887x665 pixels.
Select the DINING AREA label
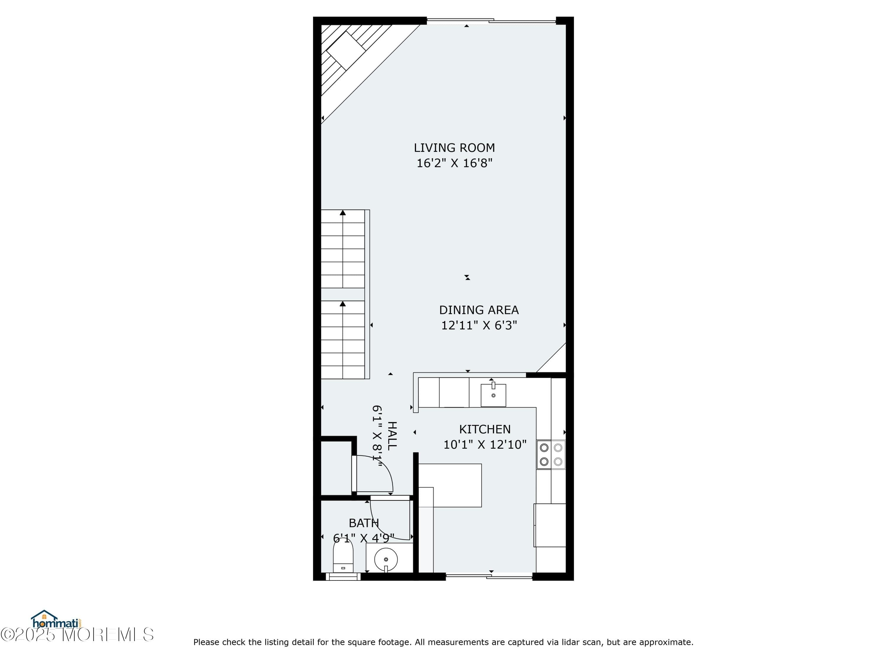click(478, 310)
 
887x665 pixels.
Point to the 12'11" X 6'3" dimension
click(479, 325)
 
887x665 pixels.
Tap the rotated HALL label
click(392, 436)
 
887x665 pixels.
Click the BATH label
click(363, 523)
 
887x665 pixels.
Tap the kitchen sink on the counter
click(493, 395)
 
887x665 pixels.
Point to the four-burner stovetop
click(551, 455)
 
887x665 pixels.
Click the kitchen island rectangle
click(450, 485)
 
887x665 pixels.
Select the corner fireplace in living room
click(346, 51)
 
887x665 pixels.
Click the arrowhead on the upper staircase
click(342, 213)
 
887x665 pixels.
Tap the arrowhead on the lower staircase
click(342, 304)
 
